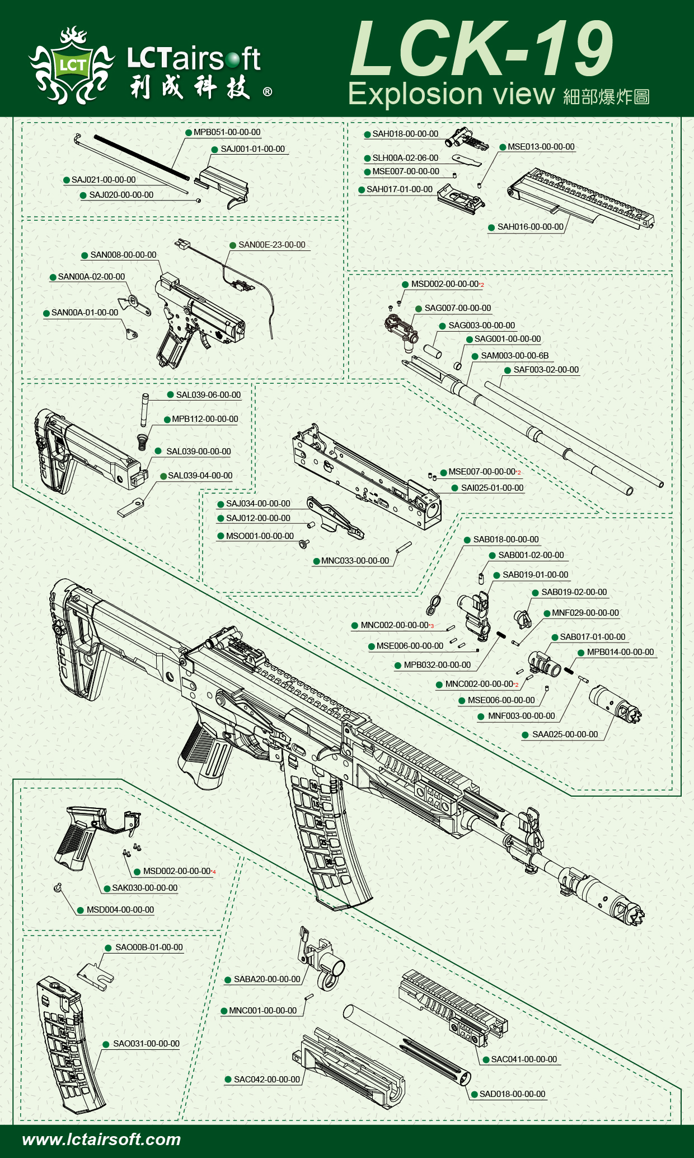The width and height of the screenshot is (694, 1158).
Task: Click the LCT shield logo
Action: tap(72, 65)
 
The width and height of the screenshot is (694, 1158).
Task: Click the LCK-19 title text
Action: tap(481, 49)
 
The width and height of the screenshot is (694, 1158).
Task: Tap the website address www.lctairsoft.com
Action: tap(101, 1140)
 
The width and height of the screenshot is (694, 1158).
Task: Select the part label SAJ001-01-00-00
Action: tap(252, 149)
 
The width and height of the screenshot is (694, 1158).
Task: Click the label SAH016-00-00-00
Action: tap(530, 227)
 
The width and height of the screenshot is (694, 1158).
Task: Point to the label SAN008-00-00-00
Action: tap(123, 255)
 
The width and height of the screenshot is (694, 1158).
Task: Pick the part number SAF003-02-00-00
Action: tap(546, 370)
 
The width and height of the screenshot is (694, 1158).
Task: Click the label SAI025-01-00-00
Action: tap(492, 488)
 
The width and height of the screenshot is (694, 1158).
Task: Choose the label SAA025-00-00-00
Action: tap(565, 734)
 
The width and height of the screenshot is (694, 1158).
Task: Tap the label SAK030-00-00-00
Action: tap(144, 888)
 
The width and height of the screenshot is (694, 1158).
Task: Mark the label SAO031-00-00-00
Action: tap(146, 1044)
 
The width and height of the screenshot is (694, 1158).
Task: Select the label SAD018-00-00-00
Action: tap(512, 1094)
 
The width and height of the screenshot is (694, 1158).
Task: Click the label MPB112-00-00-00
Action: tap(205, 419)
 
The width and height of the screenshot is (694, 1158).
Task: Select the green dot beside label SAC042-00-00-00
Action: tap(228, 1080)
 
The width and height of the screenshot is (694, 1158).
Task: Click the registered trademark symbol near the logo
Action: tap(268, 91)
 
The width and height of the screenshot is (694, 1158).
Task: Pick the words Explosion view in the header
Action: tap(451, 94)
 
